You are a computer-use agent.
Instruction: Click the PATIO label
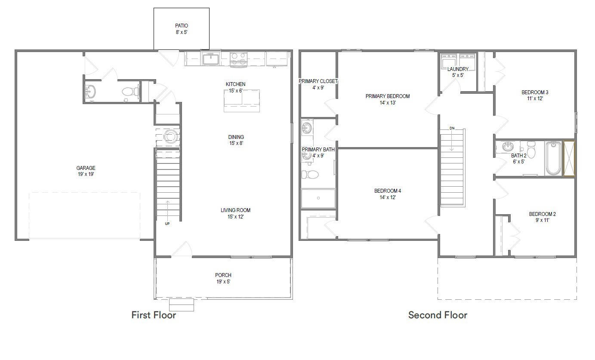point(182,26)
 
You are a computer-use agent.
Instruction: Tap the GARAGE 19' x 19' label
point(86,171)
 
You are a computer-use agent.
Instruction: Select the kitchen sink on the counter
point(211,58)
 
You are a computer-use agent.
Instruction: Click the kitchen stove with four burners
point(238,59)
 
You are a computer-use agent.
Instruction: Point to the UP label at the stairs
point(167,224)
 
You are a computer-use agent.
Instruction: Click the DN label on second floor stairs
point(452,128)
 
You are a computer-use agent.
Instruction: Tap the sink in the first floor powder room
point(90,92)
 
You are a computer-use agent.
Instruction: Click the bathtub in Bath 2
point(553,159)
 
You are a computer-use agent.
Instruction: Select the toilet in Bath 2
point(531,150)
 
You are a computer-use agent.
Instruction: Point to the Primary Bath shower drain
point(318,198)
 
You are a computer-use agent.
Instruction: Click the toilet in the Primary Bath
point(310,175)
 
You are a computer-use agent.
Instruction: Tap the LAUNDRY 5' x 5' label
point(458,72)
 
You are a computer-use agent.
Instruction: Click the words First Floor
point(154,315)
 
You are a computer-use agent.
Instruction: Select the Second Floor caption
point(438,315)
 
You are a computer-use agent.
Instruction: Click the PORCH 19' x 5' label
point(223,278)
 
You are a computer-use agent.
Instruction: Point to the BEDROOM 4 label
point(388,191)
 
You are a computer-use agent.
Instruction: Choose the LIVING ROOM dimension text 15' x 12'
point(235,217)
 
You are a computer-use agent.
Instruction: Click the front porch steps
point(182,305)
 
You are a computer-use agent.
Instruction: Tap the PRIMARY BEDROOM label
point(388,96)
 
